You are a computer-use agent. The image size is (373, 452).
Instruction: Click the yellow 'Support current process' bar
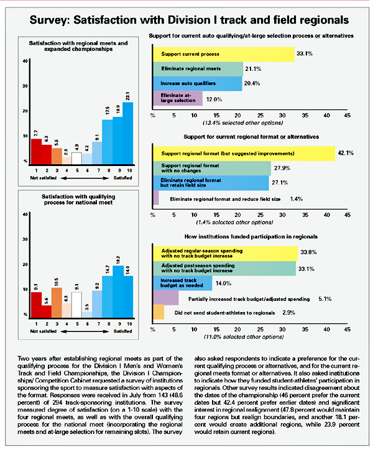point(224,54)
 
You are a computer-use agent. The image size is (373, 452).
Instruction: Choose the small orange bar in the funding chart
point(158,311)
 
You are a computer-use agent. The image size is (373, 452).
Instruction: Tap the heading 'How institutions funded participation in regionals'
point(249,237)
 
